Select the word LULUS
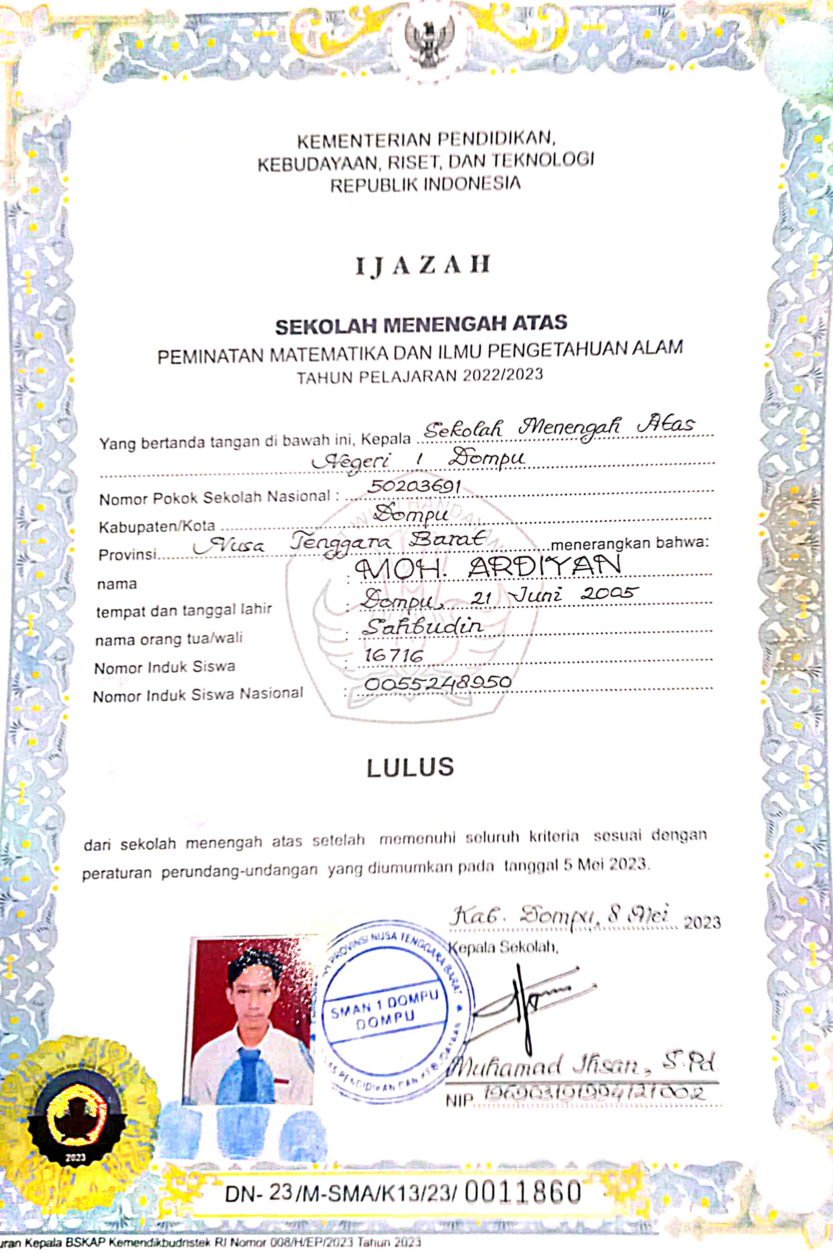coord(410,767)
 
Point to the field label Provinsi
coord(128,555)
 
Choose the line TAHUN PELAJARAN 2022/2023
coord(420,376)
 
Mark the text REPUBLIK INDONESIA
coord(425,185)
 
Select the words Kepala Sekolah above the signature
coord(503,947)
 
